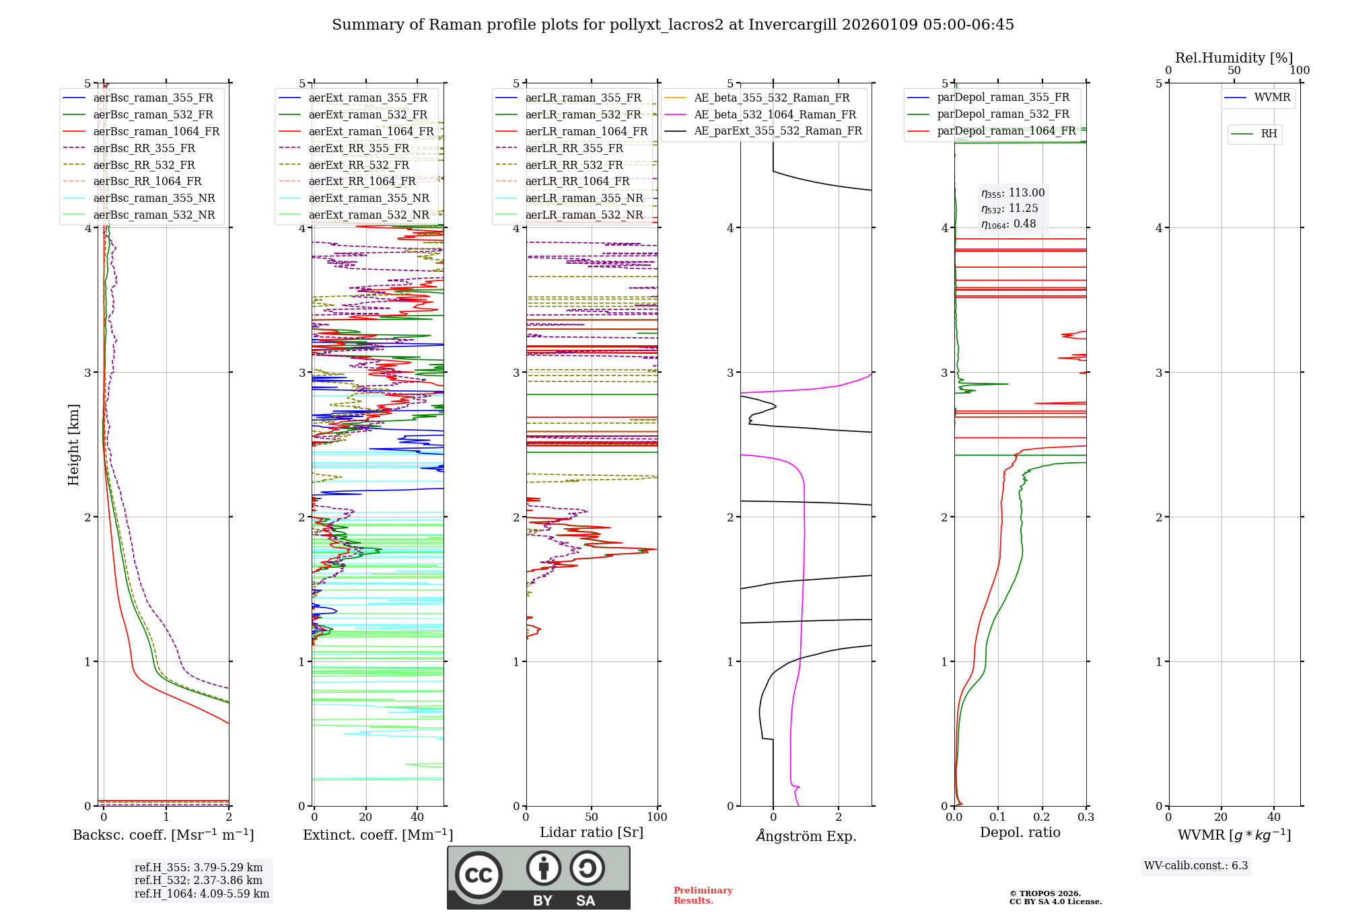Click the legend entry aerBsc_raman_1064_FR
click(156, 131)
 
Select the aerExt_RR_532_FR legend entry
click(358, 165)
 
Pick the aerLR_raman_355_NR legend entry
click(583, 198)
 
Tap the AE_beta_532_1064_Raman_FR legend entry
click(775, 114)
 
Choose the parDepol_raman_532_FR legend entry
click(1003, 114)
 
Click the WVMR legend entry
click(1272, 98)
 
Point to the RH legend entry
click(1269, 134)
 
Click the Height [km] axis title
click(73, 445)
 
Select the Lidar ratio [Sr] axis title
click(592, 832)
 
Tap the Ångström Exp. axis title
click(806, 836)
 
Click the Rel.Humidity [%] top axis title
click(1234, 58)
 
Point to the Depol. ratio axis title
click(1020, 832)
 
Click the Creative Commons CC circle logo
click(479, 875)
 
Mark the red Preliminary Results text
click(703, 895)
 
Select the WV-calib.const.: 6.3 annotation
click(1196, 865)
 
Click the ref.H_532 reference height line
click(198, 880)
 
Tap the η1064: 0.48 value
click(1008, 224)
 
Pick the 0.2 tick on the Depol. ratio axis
click(1042, 817)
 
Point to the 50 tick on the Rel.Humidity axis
click(1234, 71)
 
